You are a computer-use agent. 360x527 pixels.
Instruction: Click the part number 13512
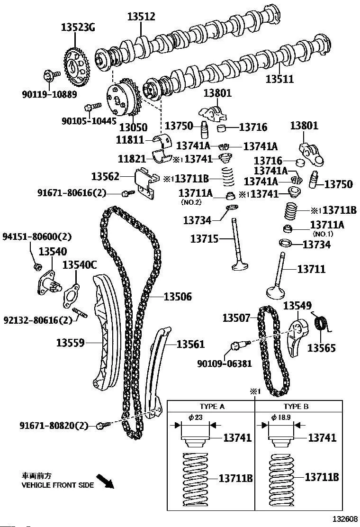141,17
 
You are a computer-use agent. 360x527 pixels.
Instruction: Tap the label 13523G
78,27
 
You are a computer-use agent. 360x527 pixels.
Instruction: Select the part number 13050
133,127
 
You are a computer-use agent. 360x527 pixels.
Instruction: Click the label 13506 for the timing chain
178,297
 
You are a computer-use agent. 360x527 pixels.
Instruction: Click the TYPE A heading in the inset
212,407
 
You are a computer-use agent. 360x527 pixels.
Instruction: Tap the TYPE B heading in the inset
296,407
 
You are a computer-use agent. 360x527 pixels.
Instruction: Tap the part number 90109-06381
217,363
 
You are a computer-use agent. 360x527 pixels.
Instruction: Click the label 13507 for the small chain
236,318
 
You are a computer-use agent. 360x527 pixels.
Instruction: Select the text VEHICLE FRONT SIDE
58,485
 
